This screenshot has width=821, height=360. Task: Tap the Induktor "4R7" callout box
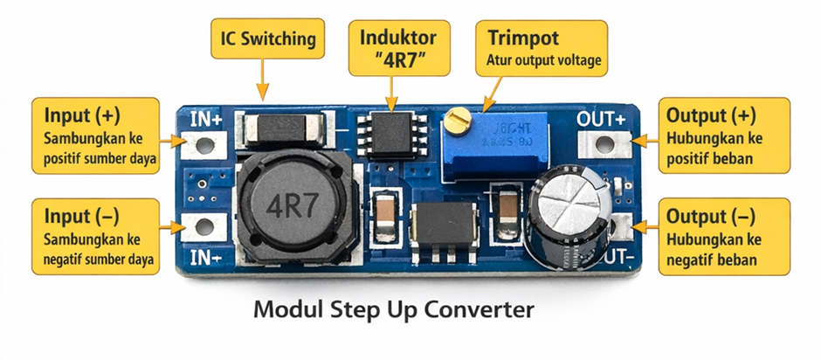tap(397, 47)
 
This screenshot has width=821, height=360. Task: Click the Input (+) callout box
tap(96, 136)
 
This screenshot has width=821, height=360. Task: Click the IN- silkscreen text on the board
tap(205, 257)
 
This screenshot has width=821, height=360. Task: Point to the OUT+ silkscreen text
tap(602, 118)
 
